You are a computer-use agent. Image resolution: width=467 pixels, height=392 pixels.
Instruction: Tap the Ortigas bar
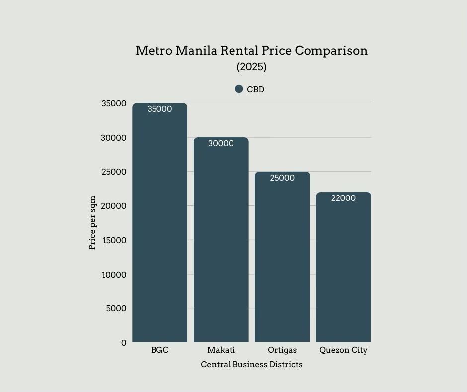tap(282, 259)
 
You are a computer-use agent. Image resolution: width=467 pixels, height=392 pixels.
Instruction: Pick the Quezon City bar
tap(343, 269)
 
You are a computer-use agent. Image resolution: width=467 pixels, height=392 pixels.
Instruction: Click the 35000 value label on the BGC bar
tap(159, 109)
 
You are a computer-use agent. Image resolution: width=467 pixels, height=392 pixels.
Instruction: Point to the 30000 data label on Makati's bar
tap(221, 144)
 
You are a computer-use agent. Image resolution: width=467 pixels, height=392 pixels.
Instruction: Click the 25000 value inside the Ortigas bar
tap(282, 178)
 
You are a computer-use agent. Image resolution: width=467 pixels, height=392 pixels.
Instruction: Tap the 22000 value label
tap(343, 198)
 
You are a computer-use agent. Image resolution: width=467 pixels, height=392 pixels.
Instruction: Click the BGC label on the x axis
tap(159, 350)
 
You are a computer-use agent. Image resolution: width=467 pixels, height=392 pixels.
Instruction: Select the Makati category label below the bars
tap(221, 350)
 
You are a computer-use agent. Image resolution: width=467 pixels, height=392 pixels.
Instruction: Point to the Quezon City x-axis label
tap(343, 350)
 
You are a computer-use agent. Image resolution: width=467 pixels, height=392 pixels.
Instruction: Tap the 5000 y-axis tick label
tap(116, 308)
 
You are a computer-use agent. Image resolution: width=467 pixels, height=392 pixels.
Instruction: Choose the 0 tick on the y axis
tap(124, 343)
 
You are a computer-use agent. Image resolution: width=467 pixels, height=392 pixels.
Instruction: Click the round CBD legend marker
tap(239, 89)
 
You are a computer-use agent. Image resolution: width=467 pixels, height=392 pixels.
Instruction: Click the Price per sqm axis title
tap(92, 222)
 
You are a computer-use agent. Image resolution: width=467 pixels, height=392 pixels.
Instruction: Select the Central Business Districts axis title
tap(251, 365)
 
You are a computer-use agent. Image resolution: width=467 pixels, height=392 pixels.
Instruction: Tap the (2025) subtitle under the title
tap(251, 67)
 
